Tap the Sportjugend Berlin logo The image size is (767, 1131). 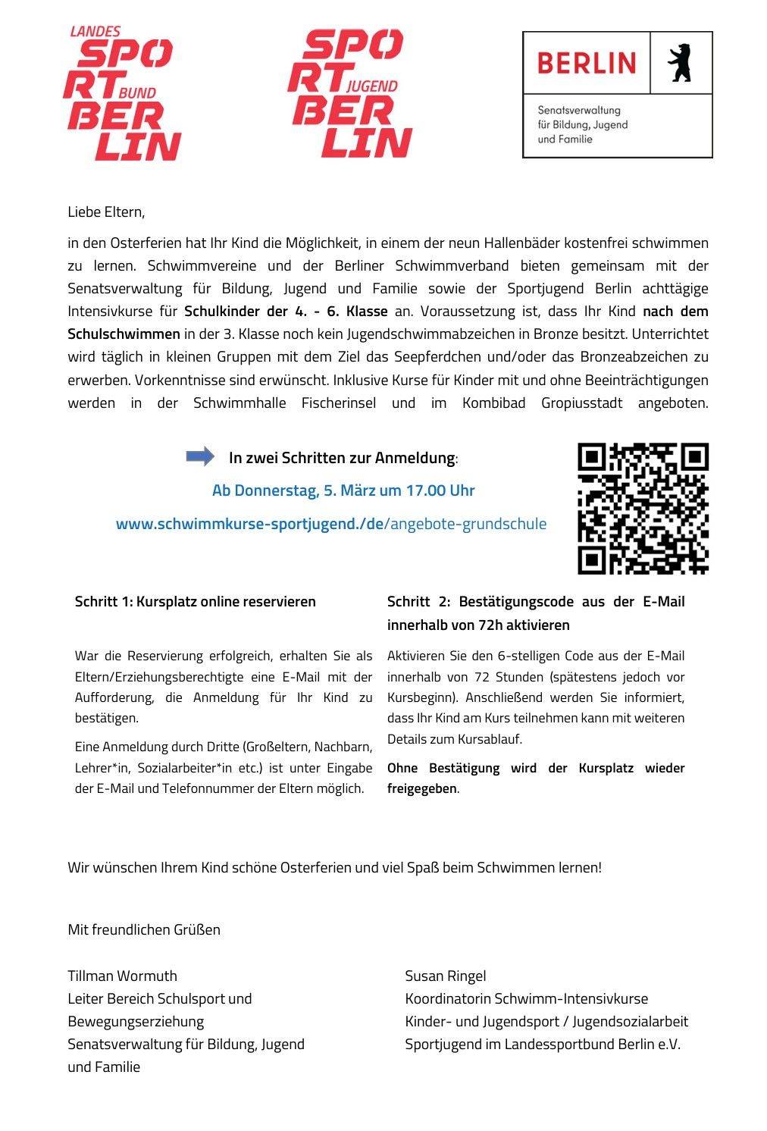tap(349, 93)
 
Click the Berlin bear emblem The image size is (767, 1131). tap(679, 64)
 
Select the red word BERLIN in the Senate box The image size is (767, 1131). tap(587, 63)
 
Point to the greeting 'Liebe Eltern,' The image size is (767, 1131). tap(106, 211)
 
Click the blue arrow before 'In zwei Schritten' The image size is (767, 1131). tap(200, 456)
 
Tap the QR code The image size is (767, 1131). tap(643, 508)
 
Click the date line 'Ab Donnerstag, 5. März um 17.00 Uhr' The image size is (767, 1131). tap(343, 490)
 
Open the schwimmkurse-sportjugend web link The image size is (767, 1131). tap(330, 524)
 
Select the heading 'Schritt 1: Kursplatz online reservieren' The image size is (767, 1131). tap(195, 602)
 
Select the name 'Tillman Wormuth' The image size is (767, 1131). tap(122, 976)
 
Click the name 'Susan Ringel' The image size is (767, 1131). tap(445, 976)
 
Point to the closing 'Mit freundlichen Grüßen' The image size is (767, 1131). tap(144, 929)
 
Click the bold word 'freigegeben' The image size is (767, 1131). tap(421, 788)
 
